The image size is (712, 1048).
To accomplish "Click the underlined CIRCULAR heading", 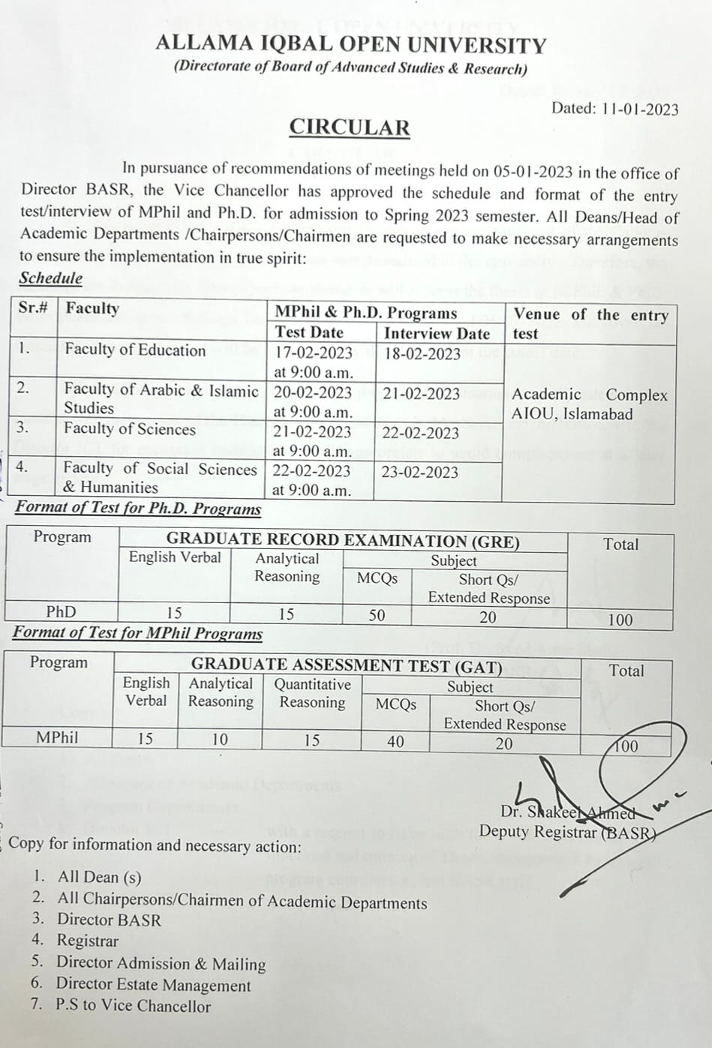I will [350, 128].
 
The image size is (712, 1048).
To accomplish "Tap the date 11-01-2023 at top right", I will [638, 109].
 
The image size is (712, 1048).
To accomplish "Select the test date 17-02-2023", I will [313, 352].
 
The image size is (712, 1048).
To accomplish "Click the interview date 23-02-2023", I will [419, 472].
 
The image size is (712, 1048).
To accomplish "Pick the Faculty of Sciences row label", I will [129, 429].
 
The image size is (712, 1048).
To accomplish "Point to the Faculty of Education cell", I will [135, 350].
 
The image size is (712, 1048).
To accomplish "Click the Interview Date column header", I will [437, 334].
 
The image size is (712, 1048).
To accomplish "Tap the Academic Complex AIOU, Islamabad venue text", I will [588, 404].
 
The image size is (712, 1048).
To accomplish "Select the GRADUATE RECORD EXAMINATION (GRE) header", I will [343, 541].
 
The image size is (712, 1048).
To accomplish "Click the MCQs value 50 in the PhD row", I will [377, 616].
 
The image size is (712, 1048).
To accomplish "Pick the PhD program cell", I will [61, 612].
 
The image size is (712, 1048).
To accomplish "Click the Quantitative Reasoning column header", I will [312, 693].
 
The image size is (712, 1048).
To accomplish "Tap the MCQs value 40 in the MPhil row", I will [395, 742].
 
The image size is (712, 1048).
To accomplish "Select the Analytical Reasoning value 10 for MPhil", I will [219, 740].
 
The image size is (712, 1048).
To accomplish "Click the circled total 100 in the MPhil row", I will [625, 746].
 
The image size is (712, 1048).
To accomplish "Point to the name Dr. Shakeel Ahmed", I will [567, 812].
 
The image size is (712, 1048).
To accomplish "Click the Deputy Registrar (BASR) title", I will [567, 832].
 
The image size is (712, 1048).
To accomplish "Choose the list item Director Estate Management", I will [153, 984].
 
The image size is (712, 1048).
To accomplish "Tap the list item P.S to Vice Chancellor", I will [133, 1005].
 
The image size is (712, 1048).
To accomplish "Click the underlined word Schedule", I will [51, 278].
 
